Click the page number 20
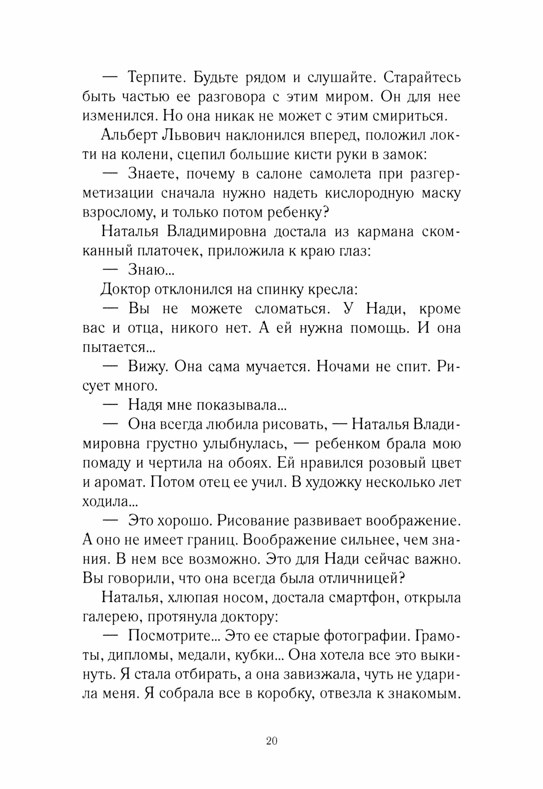click(x=272, y=730)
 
